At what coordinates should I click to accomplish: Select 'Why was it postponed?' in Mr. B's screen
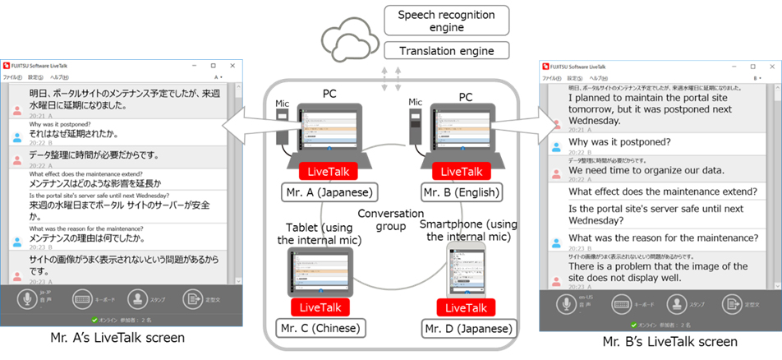click(x=619, y=141)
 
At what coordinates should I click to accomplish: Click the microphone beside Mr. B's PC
click(x=415, y=127)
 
